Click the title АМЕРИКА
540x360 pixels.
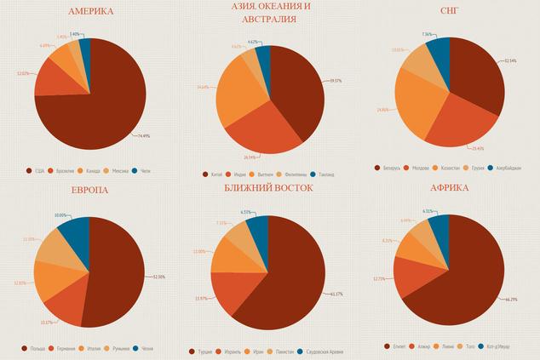(89, 11)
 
